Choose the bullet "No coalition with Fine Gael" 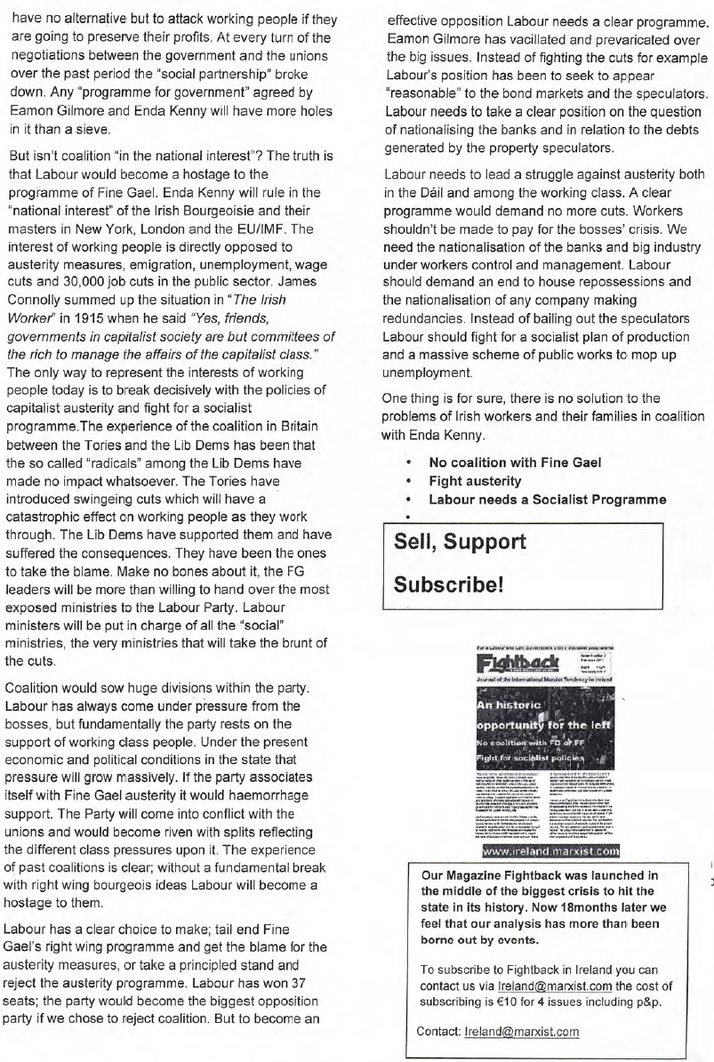515,463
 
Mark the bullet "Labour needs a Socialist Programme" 548,500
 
